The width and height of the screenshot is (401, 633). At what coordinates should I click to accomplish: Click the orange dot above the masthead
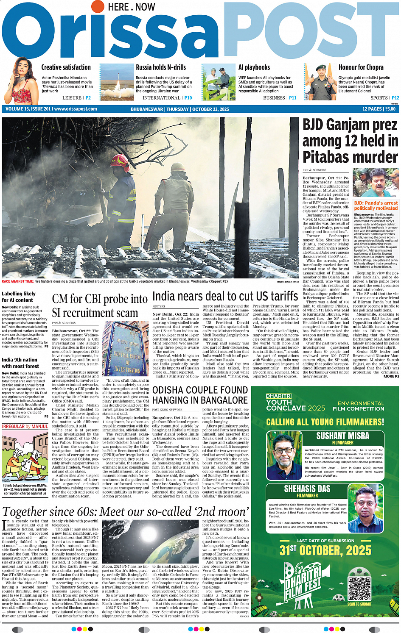pyautogui.click(x=98, y=6)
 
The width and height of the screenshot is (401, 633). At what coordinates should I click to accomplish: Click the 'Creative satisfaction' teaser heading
pyautogui.click(x=66, y=67)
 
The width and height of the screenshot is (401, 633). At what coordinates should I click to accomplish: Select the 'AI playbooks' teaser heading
pyautogui.click(x=254, y=67)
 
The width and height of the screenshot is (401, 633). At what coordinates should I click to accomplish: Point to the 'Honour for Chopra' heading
pyautogui.click(x=361, y=67)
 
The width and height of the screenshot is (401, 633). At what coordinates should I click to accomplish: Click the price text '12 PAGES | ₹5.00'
pyautogui.click(x=379, y=109)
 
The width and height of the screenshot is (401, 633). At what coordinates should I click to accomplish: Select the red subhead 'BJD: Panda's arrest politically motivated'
pyautogui.click(x=376, y=205)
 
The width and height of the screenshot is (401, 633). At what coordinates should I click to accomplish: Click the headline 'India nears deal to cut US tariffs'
pyautogui.click(x=225, y=296)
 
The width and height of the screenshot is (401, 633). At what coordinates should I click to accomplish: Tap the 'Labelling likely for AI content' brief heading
pyautogui.click(x=19, y=297)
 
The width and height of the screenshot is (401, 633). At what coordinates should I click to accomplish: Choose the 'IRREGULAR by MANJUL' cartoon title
pyautogui.click(x=25, y=426)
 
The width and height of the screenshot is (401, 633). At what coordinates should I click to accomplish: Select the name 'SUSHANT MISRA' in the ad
pyautogui.click(x=342, y=436)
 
